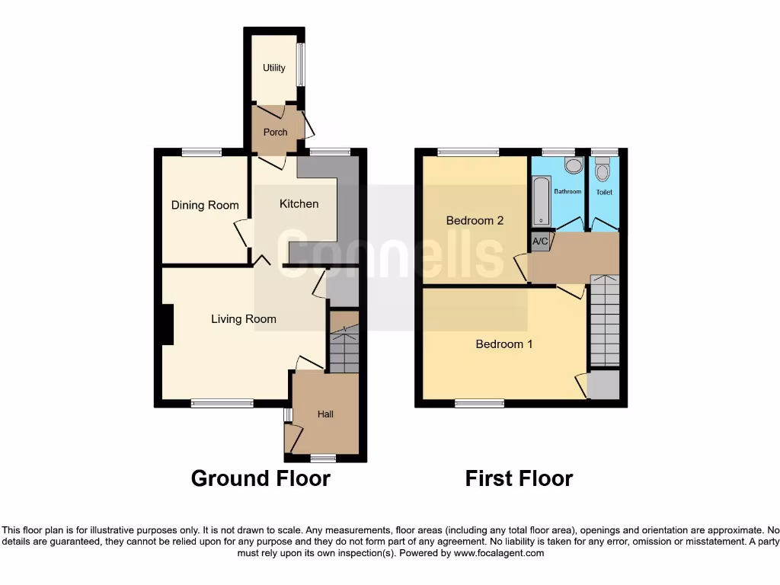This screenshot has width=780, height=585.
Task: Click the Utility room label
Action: click(x=274, y=68)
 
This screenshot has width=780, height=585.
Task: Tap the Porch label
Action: click(x=275, y=132)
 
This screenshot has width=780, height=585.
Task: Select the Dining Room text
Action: click(x=205, y=205)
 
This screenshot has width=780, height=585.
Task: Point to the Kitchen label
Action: click(x=299, y=203)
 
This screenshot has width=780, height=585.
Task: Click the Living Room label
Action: click(x=244, y=318)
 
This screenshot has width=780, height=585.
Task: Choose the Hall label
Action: click(x=325, y=414)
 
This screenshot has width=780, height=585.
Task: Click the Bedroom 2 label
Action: click(x=475, y=220)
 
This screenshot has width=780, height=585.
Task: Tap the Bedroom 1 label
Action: click(x=504, y=344)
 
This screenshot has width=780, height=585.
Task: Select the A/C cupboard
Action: click(x=540, y=241)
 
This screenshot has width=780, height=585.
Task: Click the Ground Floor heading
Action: click(x=261, y=478)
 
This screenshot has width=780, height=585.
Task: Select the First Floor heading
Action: click(x=519, y=478)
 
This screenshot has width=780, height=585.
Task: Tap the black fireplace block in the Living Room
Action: click(x=167, y=324)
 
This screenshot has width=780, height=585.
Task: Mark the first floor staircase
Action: click(x=605, y=321)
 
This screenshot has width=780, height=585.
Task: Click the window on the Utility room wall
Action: click(x=302, y=65)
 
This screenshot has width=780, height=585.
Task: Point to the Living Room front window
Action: click(x=222, y=404)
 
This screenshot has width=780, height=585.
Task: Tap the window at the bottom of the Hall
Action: click(x=324, y=459)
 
